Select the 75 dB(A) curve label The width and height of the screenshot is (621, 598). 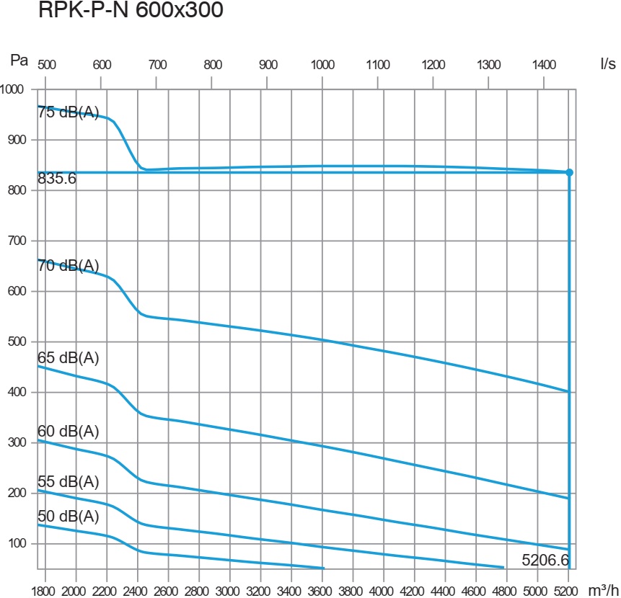pyautogui.click(x=68, y=112)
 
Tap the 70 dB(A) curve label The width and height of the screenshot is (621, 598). pyautogui.click(x=68, y=265)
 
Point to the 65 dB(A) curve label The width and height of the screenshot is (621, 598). pyautogui.click(x=68, y=358)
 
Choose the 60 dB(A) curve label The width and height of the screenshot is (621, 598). pyautogui.click(x=68, y=432)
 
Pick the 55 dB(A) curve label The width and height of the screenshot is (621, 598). pyautogui.click(x=68, y=481)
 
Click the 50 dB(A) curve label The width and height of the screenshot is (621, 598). pyautogui.click(x=68, y=517)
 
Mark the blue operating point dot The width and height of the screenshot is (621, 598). pyautogui.click(x=569, y=172)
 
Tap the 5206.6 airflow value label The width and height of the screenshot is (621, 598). pyautogui.click(x=546, y=559)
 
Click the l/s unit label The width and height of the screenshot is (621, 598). pyautogui.click(x=607, y=63)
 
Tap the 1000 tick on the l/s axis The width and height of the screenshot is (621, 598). pyautogui.click(x=322, y=63)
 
